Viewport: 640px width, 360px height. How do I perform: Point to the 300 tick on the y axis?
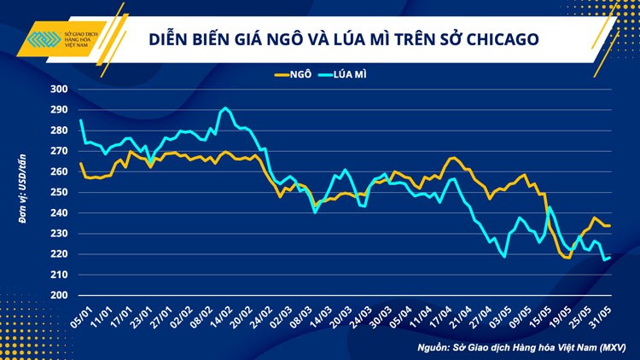click(x=59, y=90)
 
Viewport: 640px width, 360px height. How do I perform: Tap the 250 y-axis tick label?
click(x=59, y=192)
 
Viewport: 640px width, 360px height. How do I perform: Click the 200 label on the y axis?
click(x=59, y=295)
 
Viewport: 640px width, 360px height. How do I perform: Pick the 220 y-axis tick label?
click(x=59, y=254)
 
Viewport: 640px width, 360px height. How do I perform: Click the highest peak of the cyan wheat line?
click(x=225, y=108)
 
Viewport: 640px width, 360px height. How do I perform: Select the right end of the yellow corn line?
click(x=609, y=225)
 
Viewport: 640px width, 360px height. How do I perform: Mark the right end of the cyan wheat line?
click(x=609, y=258)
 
